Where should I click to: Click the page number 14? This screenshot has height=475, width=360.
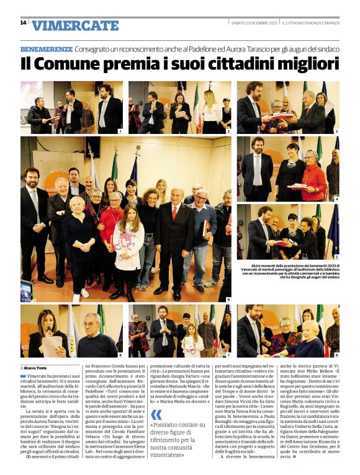click(23, 23)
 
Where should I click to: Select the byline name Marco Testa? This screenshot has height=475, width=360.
click(38, 368)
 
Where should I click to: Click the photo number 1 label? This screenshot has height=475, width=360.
click(120, 131)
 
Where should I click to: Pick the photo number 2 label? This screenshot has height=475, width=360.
click(228, 131)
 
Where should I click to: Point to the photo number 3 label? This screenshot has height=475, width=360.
click(336, 131)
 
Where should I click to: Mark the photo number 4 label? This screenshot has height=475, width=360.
click(336, 199)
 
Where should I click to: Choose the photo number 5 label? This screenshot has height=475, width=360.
click(336, 257)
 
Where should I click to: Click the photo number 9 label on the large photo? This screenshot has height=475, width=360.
click(228, 300)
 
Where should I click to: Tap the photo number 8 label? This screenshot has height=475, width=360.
click(120, 355)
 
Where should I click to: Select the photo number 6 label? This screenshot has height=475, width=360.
click(336, 355)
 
